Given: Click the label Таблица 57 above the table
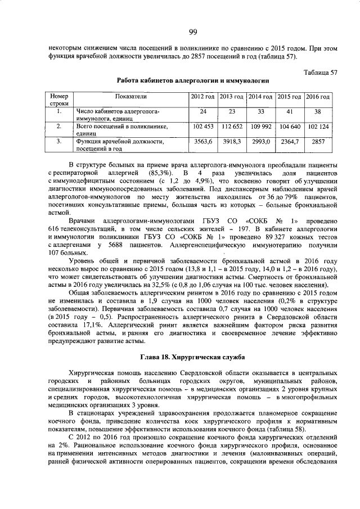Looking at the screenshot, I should point(320,73).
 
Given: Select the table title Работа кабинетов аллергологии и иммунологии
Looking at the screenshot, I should point(192,81).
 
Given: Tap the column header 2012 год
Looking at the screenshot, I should point(202,97).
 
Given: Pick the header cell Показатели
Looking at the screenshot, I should point(130,97).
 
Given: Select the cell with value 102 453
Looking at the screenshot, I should point(202,127).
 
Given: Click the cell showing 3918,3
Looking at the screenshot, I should point(231,142).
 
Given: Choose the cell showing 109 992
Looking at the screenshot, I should point(260,127).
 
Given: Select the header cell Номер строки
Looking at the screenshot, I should point(59,100).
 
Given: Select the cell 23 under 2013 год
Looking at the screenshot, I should point(231,111).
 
